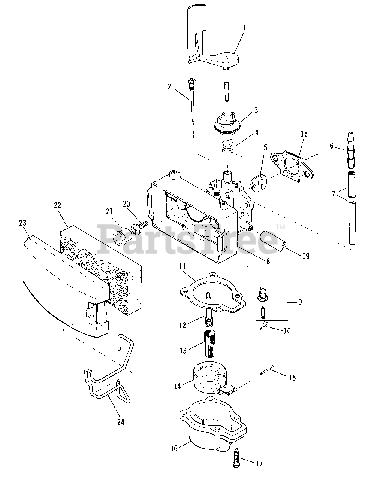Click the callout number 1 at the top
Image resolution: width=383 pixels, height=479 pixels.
[244, 27]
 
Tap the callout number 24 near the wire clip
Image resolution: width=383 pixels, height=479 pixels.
[120, 422]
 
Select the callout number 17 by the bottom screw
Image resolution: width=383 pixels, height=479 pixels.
[259, 464]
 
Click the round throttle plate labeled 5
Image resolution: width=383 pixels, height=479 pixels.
[257, 183]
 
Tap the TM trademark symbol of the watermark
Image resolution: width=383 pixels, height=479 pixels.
[280, 226]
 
